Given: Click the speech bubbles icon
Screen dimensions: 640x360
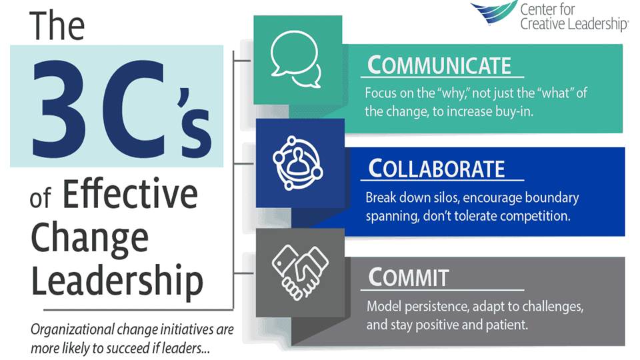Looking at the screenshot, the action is (x=295, y=59).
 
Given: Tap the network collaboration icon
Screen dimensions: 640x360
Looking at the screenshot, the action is (x=298, y=163).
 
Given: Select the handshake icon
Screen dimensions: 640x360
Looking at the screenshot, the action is (x=300, y=272).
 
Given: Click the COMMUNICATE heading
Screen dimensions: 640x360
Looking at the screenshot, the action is (x=439, y=65).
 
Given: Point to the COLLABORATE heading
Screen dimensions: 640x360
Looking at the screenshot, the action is (x=436, y=169).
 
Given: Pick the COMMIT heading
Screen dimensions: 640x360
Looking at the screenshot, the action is (x=409, y=277).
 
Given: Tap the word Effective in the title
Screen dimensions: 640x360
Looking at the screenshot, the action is (x=130, y=194).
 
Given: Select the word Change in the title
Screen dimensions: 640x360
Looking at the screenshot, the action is (x=90, y=239).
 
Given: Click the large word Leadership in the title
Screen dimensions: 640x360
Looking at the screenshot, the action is (x=117, y=281).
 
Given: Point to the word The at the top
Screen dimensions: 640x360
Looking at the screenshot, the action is (x=57, y=25).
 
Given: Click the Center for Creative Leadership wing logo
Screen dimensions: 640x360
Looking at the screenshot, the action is (x=493, y=11).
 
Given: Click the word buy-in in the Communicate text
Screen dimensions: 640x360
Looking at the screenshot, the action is (x=514, y=111).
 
